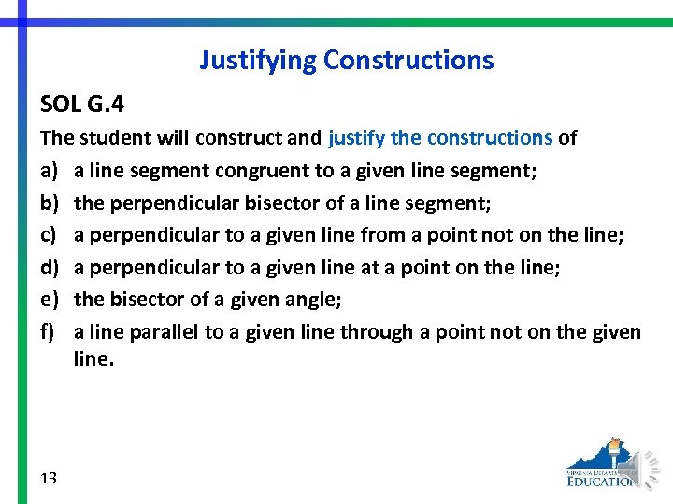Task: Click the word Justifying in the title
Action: (x=258, y=61)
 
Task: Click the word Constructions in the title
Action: (x=408, y=61)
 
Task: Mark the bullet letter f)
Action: (x=48, y=332)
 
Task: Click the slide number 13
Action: (x=50, y=478)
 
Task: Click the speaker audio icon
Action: (x=646, y=467)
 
